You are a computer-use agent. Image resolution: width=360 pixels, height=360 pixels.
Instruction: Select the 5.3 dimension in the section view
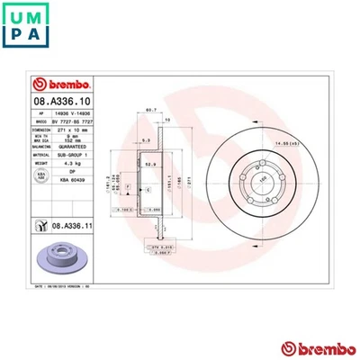[146, 140]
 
